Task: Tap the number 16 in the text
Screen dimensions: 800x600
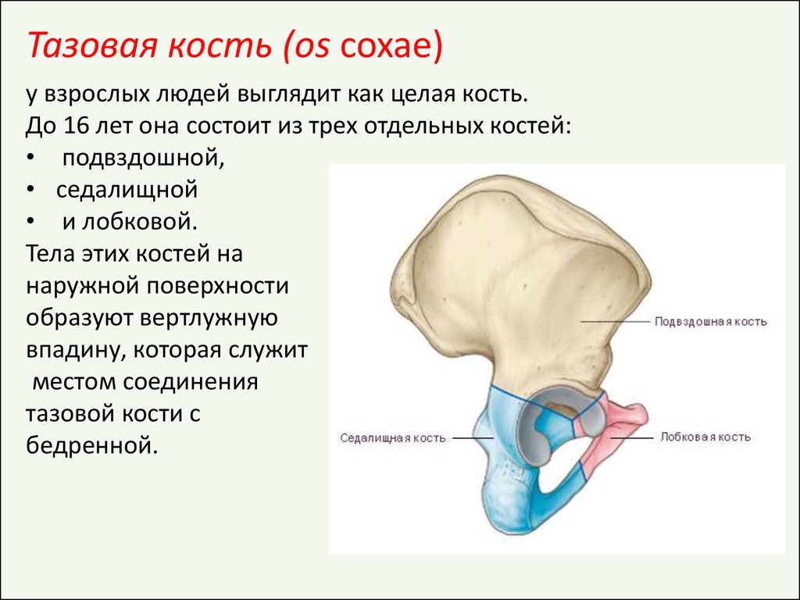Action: point(75,126)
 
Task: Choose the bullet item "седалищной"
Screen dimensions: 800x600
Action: point(127,190)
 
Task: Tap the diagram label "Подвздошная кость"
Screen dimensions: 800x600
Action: point(710,322)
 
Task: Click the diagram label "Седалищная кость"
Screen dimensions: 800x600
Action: point(393,438)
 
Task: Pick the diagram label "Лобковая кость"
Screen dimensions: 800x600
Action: point(705,437)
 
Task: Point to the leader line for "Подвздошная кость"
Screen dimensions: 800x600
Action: point(616,321)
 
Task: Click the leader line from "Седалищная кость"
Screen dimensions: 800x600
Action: point(473,437)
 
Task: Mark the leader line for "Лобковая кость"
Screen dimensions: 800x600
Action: point(630,437)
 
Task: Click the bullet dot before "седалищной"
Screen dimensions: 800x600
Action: point(31,191)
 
